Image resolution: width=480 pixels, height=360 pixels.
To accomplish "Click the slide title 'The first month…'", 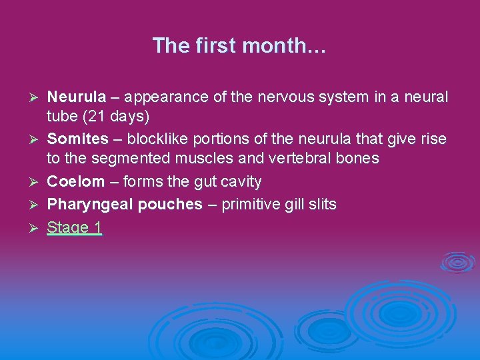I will pyautogui.click(x=239, y=46).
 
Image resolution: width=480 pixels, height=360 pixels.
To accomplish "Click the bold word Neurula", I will pyautogui.click(x=77, y=97).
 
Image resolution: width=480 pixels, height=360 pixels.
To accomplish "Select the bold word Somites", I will pyautogui.click(x=77, y=139).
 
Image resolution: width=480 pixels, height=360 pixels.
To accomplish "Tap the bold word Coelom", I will pyautogui.click(x=75, y=182).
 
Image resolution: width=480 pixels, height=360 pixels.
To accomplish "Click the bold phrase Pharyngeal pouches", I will pyautogui.click(x=125, y=204).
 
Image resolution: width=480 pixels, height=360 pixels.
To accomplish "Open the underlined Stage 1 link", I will pyautogui.click(x=74, y=227).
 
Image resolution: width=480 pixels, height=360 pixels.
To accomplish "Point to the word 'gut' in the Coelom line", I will pyautogui.click(x=201, y=182).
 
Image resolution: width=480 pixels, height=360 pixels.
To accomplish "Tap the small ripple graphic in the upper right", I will pyautogui.click(x=458, y=262).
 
